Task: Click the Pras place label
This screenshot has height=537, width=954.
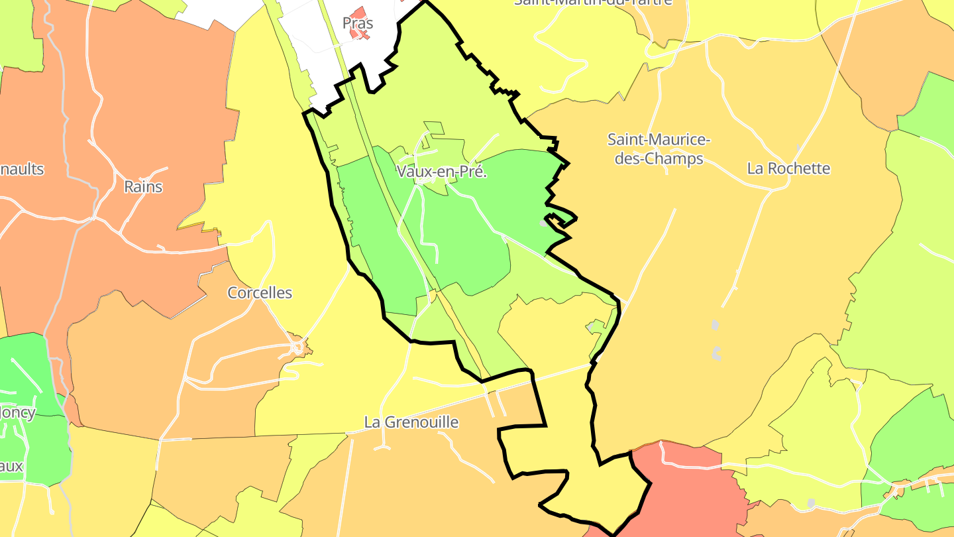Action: coord(358,23)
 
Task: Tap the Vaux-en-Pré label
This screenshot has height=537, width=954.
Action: coord(442,172)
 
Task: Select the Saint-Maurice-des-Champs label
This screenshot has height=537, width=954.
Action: coord(659,149)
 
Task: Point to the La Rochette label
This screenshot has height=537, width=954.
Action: coord(788,168)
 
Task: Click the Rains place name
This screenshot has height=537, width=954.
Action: coord(143,187)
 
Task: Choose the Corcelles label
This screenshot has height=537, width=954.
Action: coord(260,293)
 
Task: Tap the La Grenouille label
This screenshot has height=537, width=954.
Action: coord(411,422)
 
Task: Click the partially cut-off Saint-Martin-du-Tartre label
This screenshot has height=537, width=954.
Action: coord(593,3)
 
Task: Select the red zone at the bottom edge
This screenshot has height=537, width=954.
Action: coord(682,491)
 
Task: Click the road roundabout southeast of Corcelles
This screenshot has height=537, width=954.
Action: coord(297,347)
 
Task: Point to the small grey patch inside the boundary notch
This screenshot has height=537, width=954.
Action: coord(543,223)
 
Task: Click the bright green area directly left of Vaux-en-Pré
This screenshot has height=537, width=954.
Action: coord(371,219)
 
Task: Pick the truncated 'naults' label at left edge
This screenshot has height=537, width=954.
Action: coord(22,169)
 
